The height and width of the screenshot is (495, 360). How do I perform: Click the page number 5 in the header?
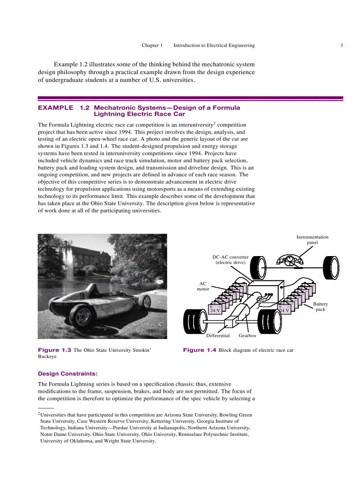341,45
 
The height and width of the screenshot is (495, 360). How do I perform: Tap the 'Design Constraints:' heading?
68,373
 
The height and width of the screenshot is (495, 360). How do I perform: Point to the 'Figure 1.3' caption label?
55,350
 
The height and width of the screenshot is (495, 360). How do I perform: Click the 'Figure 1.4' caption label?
199,350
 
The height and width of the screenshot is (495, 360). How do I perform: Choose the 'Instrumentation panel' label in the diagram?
312,240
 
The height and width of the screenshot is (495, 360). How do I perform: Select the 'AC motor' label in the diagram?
203,287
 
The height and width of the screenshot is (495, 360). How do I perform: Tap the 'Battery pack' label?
320,307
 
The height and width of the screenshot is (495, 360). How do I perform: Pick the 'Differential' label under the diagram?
218,335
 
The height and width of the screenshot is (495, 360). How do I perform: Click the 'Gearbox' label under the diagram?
247,335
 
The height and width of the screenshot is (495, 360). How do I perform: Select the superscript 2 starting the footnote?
39,414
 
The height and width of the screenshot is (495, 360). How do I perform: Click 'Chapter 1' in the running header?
152,45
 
